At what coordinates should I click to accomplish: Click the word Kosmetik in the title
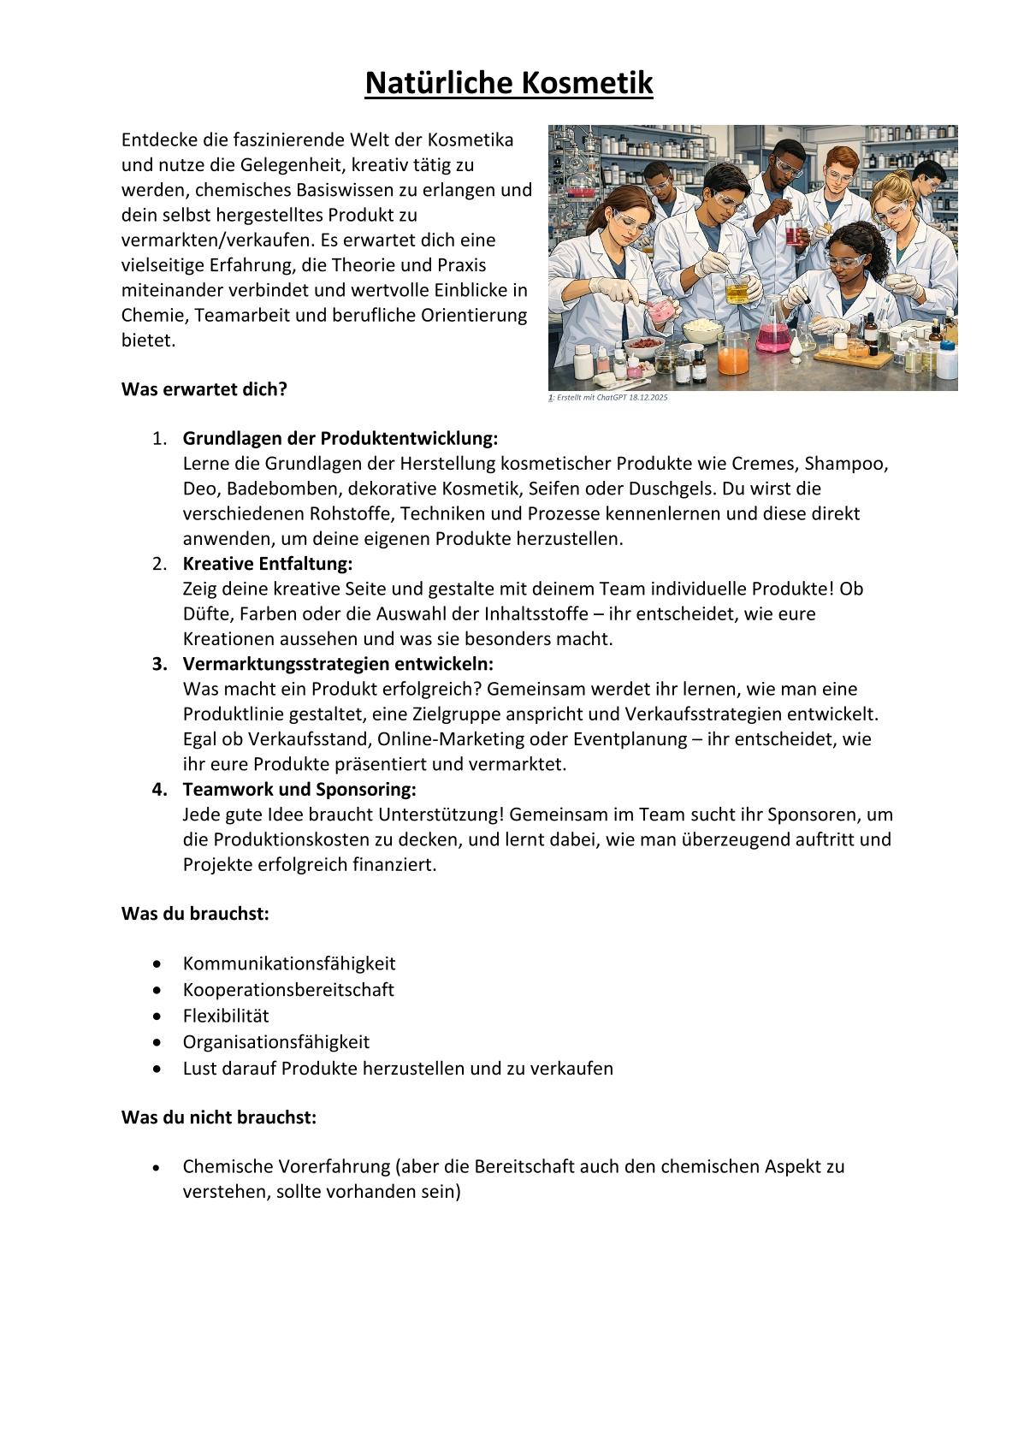[587, 84]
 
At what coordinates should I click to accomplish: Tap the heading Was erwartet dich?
[204, 389]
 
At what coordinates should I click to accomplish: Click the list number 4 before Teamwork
[159, 789]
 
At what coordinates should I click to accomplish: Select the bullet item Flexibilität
[226, 1016]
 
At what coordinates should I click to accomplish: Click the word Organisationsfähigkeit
[275, 1042]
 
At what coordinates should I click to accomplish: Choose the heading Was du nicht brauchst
[219, 1117]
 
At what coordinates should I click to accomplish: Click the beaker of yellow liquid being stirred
[737, 291]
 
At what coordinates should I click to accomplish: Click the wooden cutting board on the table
[864, 359]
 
